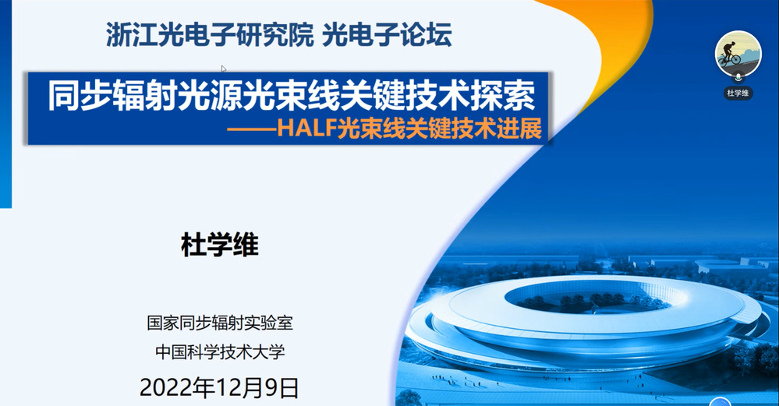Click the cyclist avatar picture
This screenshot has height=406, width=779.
(x=738, y=54)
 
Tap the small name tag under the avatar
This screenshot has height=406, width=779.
(x=738, y=93)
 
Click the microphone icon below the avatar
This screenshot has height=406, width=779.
(x=738, y=77)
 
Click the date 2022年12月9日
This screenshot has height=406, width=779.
(x=219, y=387)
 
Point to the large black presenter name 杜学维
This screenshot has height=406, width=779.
(x=220, y=245)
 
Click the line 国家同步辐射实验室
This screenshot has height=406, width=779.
(x=220, y=323)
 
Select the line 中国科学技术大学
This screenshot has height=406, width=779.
(x=220, y=351)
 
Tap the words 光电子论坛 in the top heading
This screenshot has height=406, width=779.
(x=387, y=35)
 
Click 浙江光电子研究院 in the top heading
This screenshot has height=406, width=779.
(x=210, y=35)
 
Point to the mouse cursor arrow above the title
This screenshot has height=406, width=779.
(x=224, y=69)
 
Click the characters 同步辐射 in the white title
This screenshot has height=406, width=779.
(x=112, y=95)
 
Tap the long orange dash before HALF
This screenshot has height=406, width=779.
(x=252, y=130)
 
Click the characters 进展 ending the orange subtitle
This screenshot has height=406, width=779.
(x=525, y=129)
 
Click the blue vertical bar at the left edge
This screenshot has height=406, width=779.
(x=5, y=104)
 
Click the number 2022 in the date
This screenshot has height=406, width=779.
(x=166, y=387)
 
